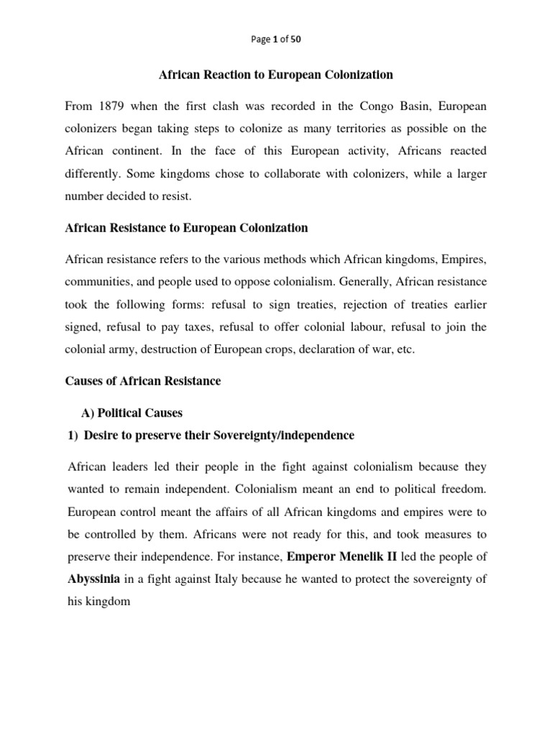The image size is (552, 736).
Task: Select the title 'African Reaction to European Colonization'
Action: tap(275, 75)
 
